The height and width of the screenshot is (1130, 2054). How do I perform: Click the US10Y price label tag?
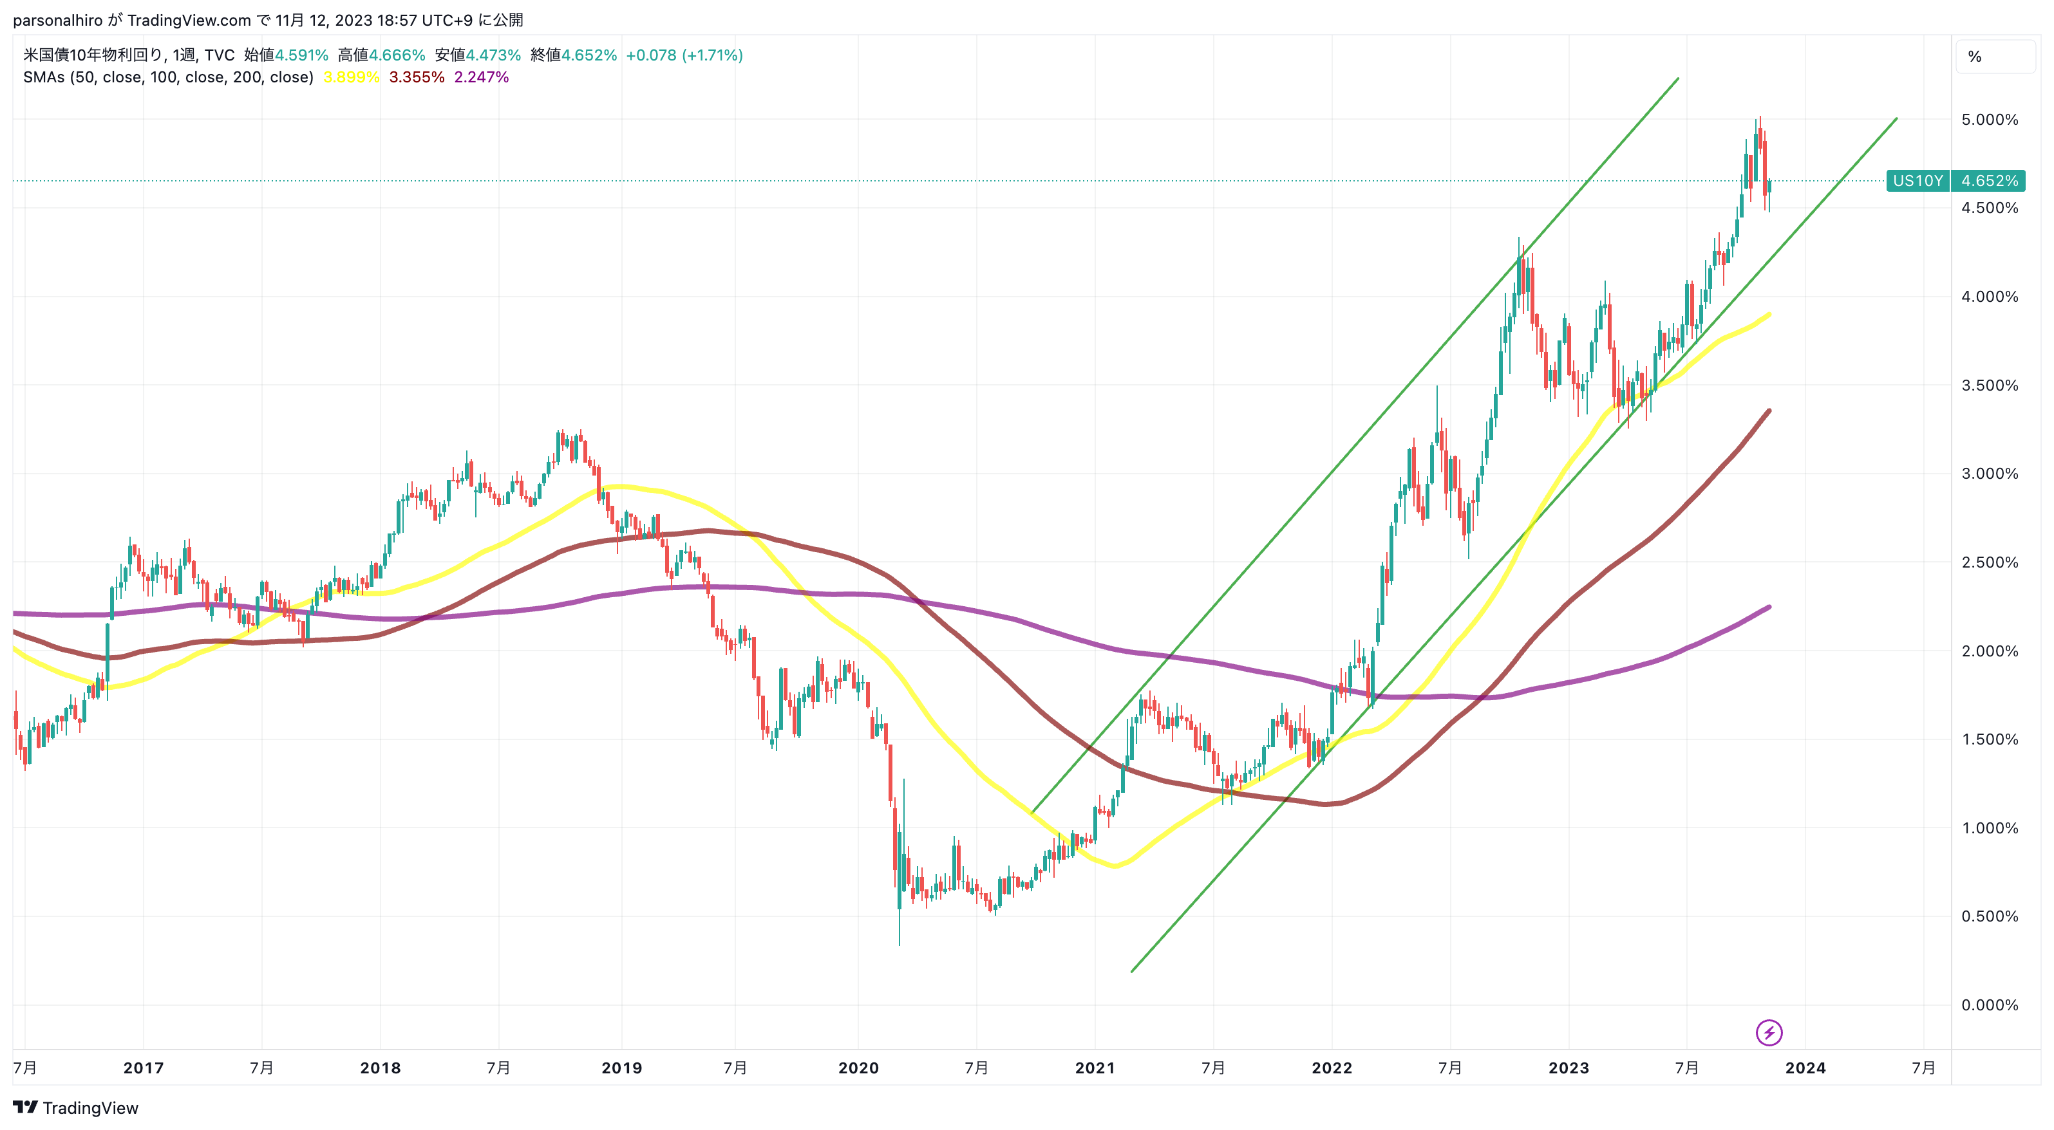pos(1917,181)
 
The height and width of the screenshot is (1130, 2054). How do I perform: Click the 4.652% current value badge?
pos(1988,181)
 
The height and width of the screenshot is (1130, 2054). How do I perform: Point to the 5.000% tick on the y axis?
pos(1990,120)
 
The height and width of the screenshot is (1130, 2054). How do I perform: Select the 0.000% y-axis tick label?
pos(1990,1005)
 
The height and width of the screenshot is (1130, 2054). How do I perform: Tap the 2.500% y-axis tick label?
pos(1990,562)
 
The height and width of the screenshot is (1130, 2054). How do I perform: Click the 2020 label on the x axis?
pos(858,1068)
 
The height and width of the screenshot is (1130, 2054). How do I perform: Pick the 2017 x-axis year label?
pos(144,1068)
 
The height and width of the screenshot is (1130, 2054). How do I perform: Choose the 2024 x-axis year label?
pos(1805,1068)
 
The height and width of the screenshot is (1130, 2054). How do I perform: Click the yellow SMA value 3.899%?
pos(351,77)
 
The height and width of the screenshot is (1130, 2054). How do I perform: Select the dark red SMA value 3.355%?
pos(416,77)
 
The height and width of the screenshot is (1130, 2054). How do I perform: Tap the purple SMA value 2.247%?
pos(482,77)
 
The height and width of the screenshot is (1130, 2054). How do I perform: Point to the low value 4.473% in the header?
pos(493,55)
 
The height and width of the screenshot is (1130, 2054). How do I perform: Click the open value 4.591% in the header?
pos(301,55)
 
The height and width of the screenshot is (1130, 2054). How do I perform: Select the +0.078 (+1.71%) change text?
pos(684,55)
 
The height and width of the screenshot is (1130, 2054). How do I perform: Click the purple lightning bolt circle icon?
pos(1769,1033)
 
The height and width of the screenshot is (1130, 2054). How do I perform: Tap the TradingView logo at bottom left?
pos(76,1107)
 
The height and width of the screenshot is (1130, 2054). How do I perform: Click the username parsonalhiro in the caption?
pos(57,20)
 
